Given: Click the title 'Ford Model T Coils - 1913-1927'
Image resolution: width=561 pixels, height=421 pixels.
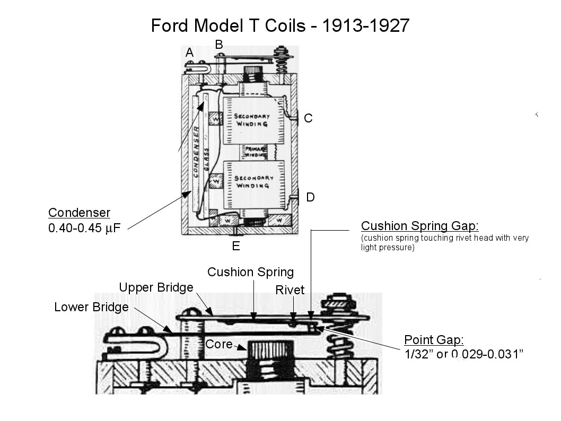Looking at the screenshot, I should point(280,25).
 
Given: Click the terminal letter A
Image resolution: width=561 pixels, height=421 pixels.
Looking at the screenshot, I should point(189,52).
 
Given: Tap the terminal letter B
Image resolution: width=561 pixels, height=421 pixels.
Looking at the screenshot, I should point(219,45).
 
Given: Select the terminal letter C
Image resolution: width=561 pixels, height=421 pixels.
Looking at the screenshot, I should point(308,118).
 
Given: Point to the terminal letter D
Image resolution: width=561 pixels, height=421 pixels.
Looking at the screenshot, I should point(310,197).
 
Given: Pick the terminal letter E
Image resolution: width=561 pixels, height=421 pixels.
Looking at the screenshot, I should point(236,245).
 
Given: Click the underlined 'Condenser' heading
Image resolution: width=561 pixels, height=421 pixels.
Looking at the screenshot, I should point(79,213).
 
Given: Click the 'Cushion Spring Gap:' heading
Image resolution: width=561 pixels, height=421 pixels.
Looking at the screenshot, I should point(419,226).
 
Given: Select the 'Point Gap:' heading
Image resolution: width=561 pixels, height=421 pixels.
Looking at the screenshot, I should point(434,340).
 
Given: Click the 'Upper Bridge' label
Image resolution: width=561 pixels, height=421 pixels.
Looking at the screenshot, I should point(156,287).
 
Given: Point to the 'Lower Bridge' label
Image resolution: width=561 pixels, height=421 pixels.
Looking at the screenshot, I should point(91,307).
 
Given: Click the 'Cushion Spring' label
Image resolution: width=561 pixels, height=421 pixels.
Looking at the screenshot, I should point(250,273).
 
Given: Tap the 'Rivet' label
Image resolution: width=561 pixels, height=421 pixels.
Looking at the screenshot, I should point(290,290).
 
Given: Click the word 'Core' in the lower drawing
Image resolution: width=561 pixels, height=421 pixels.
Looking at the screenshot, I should point(219,344).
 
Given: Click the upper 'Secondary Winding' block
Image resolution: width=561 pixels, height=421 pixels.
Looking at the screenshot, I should point(253,120).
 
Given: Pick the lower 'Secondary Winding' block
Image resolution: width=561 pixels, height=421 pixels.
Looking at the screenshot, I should point(254,181).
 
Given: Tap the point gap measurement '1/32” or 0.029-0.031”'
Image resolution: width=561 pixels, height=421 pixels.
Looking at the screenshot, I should point(464,354).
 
